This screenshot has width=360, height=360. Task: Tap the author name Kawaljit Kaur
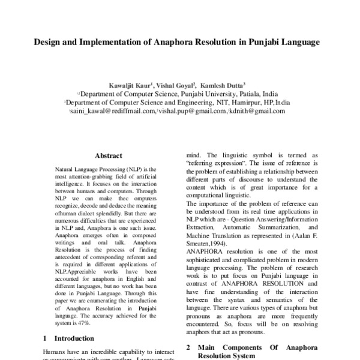pyautogui.click(x=130, y=85)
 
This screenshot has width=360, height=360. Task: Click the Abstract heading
pyautogui.click(x=108, y=155)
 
